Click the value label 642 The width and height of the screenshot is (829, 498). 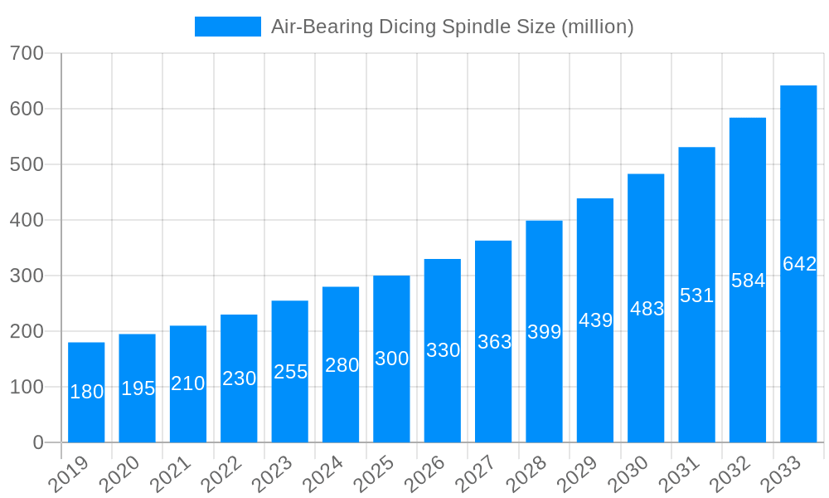tap(799, 264)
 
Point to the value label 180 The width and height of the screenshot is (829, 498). tap(86, 392)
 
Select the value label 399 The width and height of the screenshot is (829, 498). tap(544, 332)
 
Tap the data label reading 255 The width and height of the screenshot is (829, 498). tap(290, 372)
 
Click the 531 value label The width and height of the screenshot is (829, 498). tap(696, 295)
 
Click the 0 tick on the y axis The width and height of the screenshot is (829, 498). tap(38, 442)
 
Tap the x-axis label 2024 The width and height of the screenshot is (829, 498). tap(321, 474)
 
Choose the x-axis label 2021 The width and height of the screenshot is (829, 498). tap(168, 474)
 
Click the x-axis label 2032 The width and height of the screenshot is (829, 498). tap(728, 474)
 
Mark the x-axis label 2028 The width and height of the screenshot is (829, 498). tap(525, 474)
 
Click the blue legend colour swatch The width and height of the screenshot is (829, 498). tap(227, 27)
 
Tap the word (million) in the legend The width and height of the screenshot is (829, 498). tap(598, 27)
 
